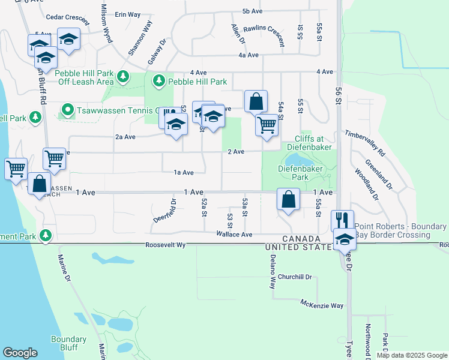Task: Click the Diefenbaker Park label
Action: [x=300, y=173]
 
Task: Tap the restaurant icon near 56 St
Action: [x=342, y=220]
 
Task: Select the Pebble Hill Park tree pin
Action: [x=159, y=80]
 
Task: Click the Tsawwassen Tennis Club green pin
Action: [x=67, y=110]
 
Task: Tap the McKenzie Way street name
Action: [x=322, y=305]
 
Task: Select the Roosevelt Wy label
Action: [x=166, y=245]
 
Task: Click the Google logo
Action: [x=20, y=353]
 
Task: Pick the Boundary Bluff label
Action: [x=69, y=343]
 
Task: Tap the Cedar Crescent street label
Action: [x=67, y=17]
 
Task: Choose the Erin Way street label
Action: [x=127, y=14]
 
